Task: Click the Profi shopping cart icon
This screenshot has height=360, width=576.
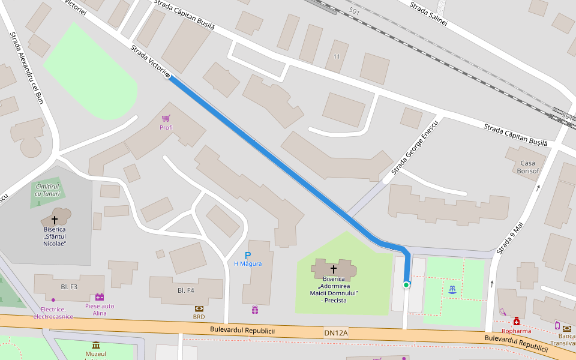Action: pos(166,118)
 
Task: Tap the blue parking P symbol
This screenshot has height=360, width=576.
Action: pos(247,255)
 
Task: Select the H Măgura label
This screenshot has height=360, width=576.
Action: pos(247,264)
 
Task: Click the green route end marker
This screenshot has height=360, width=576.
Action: pos(406,284)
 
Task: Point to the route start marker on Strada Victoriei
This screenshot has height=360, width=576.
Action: pos(167,76)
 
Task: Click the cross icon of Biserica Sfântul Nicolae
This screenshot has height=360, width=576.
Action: pos(55,220)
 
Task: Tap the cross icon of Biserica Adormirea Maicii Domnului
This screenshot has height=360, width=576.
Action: pos(334,269)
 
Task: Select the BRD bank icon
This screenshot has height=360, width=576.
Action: pos(199,308)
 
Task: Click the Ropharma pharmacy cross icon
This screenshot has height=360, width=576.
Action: pos(516,322)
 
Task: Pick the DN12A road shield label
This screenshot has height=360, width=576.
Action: pos(335,332)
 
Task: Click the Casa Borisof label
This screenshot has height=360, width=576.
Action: pos(527,167)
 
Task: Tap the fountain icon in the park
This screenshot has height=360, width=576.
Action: pos(452,290)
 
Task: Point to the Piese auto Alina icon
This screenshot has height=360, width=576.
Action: pos(100,297)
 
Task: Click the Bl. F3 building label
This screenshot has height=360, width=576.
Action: pos(69,287)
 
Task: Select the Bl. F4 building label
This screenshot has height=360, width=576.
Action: pos(185,290)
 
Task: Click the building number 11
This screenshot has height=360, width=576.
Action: pos(337,56)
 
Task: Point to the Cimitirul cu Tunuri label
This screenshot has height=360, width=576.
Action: pos(48,190)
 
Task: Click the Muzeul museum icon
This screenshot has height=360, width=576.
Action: pos(96,345)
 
